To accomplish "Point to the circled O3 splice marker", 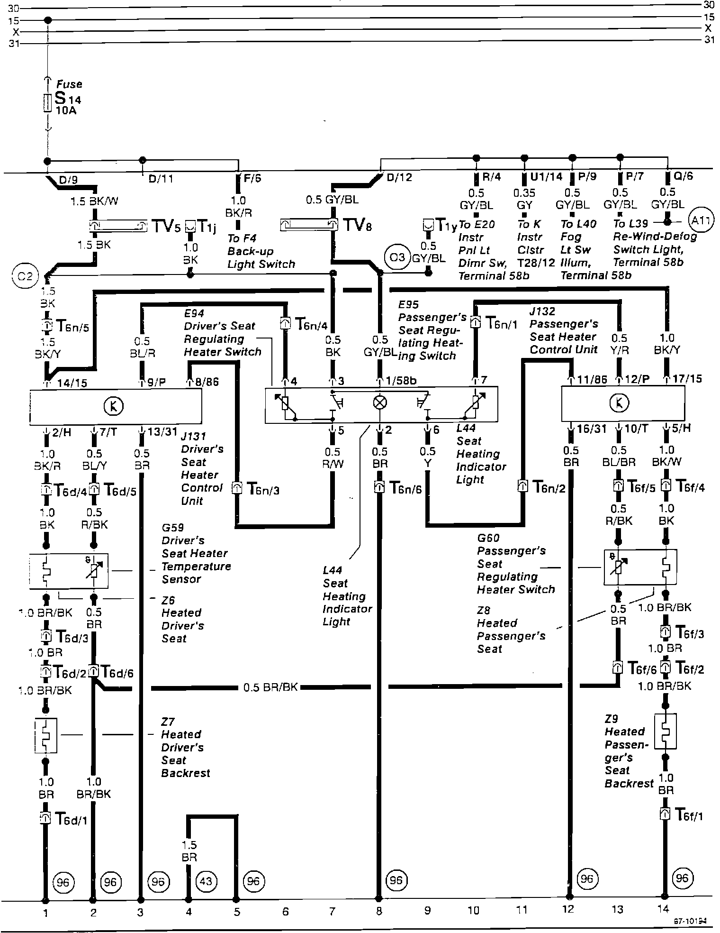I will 396,257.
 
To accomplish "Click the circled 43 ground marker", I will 206,881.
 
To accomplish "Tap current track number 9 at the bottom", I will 427,910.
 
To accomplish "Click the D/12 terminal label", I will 399,178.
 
